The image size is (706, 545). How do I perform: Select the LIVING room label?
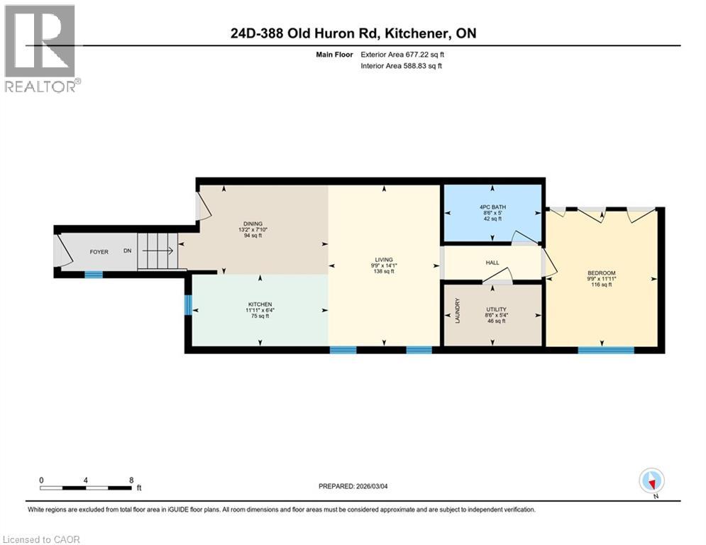click(x=385, y=260)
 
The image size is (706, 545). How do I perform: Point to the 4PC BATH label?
click(x=491, y=207)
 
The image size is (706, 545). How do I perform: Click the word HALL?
click(x=492, y=263)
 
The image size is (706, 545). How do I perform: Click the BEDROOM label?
click(x=601, y=273)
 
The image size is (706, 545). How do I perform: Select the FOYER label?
click(x=99, y=252)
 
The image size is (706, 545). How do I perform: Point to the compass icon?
click(x=651, y=480)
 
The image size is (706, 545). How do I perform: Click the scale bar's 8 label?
click(x=131, y=480)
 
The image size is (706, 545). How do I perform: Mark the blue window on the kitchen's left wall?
click(x=188, y=305)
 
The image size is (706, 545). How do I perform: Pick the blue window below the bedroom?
click(x=605, y=349)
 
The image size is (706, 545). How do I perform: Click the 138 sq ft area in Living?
click(x=384, y=271)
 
